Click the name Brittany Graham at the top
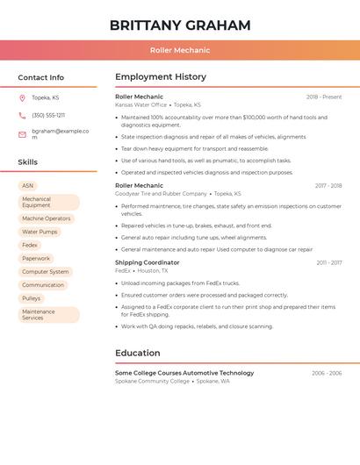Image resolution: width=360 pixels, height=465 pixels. pos(180,25)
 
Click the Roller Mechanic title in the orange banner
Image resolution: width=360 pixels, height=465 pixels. pos(180,50)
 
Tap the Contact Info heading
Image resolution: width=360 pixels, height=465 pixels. pos(41,77)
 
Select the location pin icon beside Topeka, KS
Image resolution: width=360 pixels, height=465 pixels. pos(22,97)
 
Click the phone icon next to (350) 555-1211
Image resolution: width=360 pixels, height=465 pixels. pos(22,115)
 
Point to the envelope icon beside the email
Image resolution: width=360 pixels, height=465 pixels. pos(22,134)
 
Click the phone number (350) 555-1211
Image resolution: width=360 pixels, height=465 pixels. pos(48,115)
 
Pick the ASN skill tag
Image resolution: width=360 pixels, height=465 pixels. pos(28,186)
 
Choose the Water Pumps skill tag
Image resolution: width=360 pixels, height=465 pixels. pos(40,232)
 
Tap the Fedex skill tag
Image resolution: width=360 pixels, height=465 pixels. pos(30,245)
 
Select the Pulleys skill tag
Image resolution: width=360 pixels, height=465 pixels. pos(32,298)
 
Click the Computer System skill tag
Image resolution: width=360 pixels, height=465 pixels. pos(46,272)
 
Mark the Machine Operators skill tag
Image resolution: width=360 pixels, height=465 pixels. pos(47,218)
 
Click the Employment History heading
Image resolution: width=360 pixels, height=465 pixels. pos(161,77)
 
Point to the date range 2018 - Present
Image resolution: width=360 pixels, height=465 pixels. pos(324,97)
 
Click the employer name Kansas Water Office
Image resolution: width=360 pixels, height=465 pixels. pos(140,104)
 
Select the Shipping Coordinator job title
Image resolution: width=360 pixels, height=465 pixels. pos(147,262)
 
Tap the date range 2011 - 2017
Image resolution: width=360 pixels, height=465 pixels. pos(329,262)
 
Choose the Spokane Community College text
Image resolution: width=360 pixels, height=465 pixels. pos(152,382)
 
